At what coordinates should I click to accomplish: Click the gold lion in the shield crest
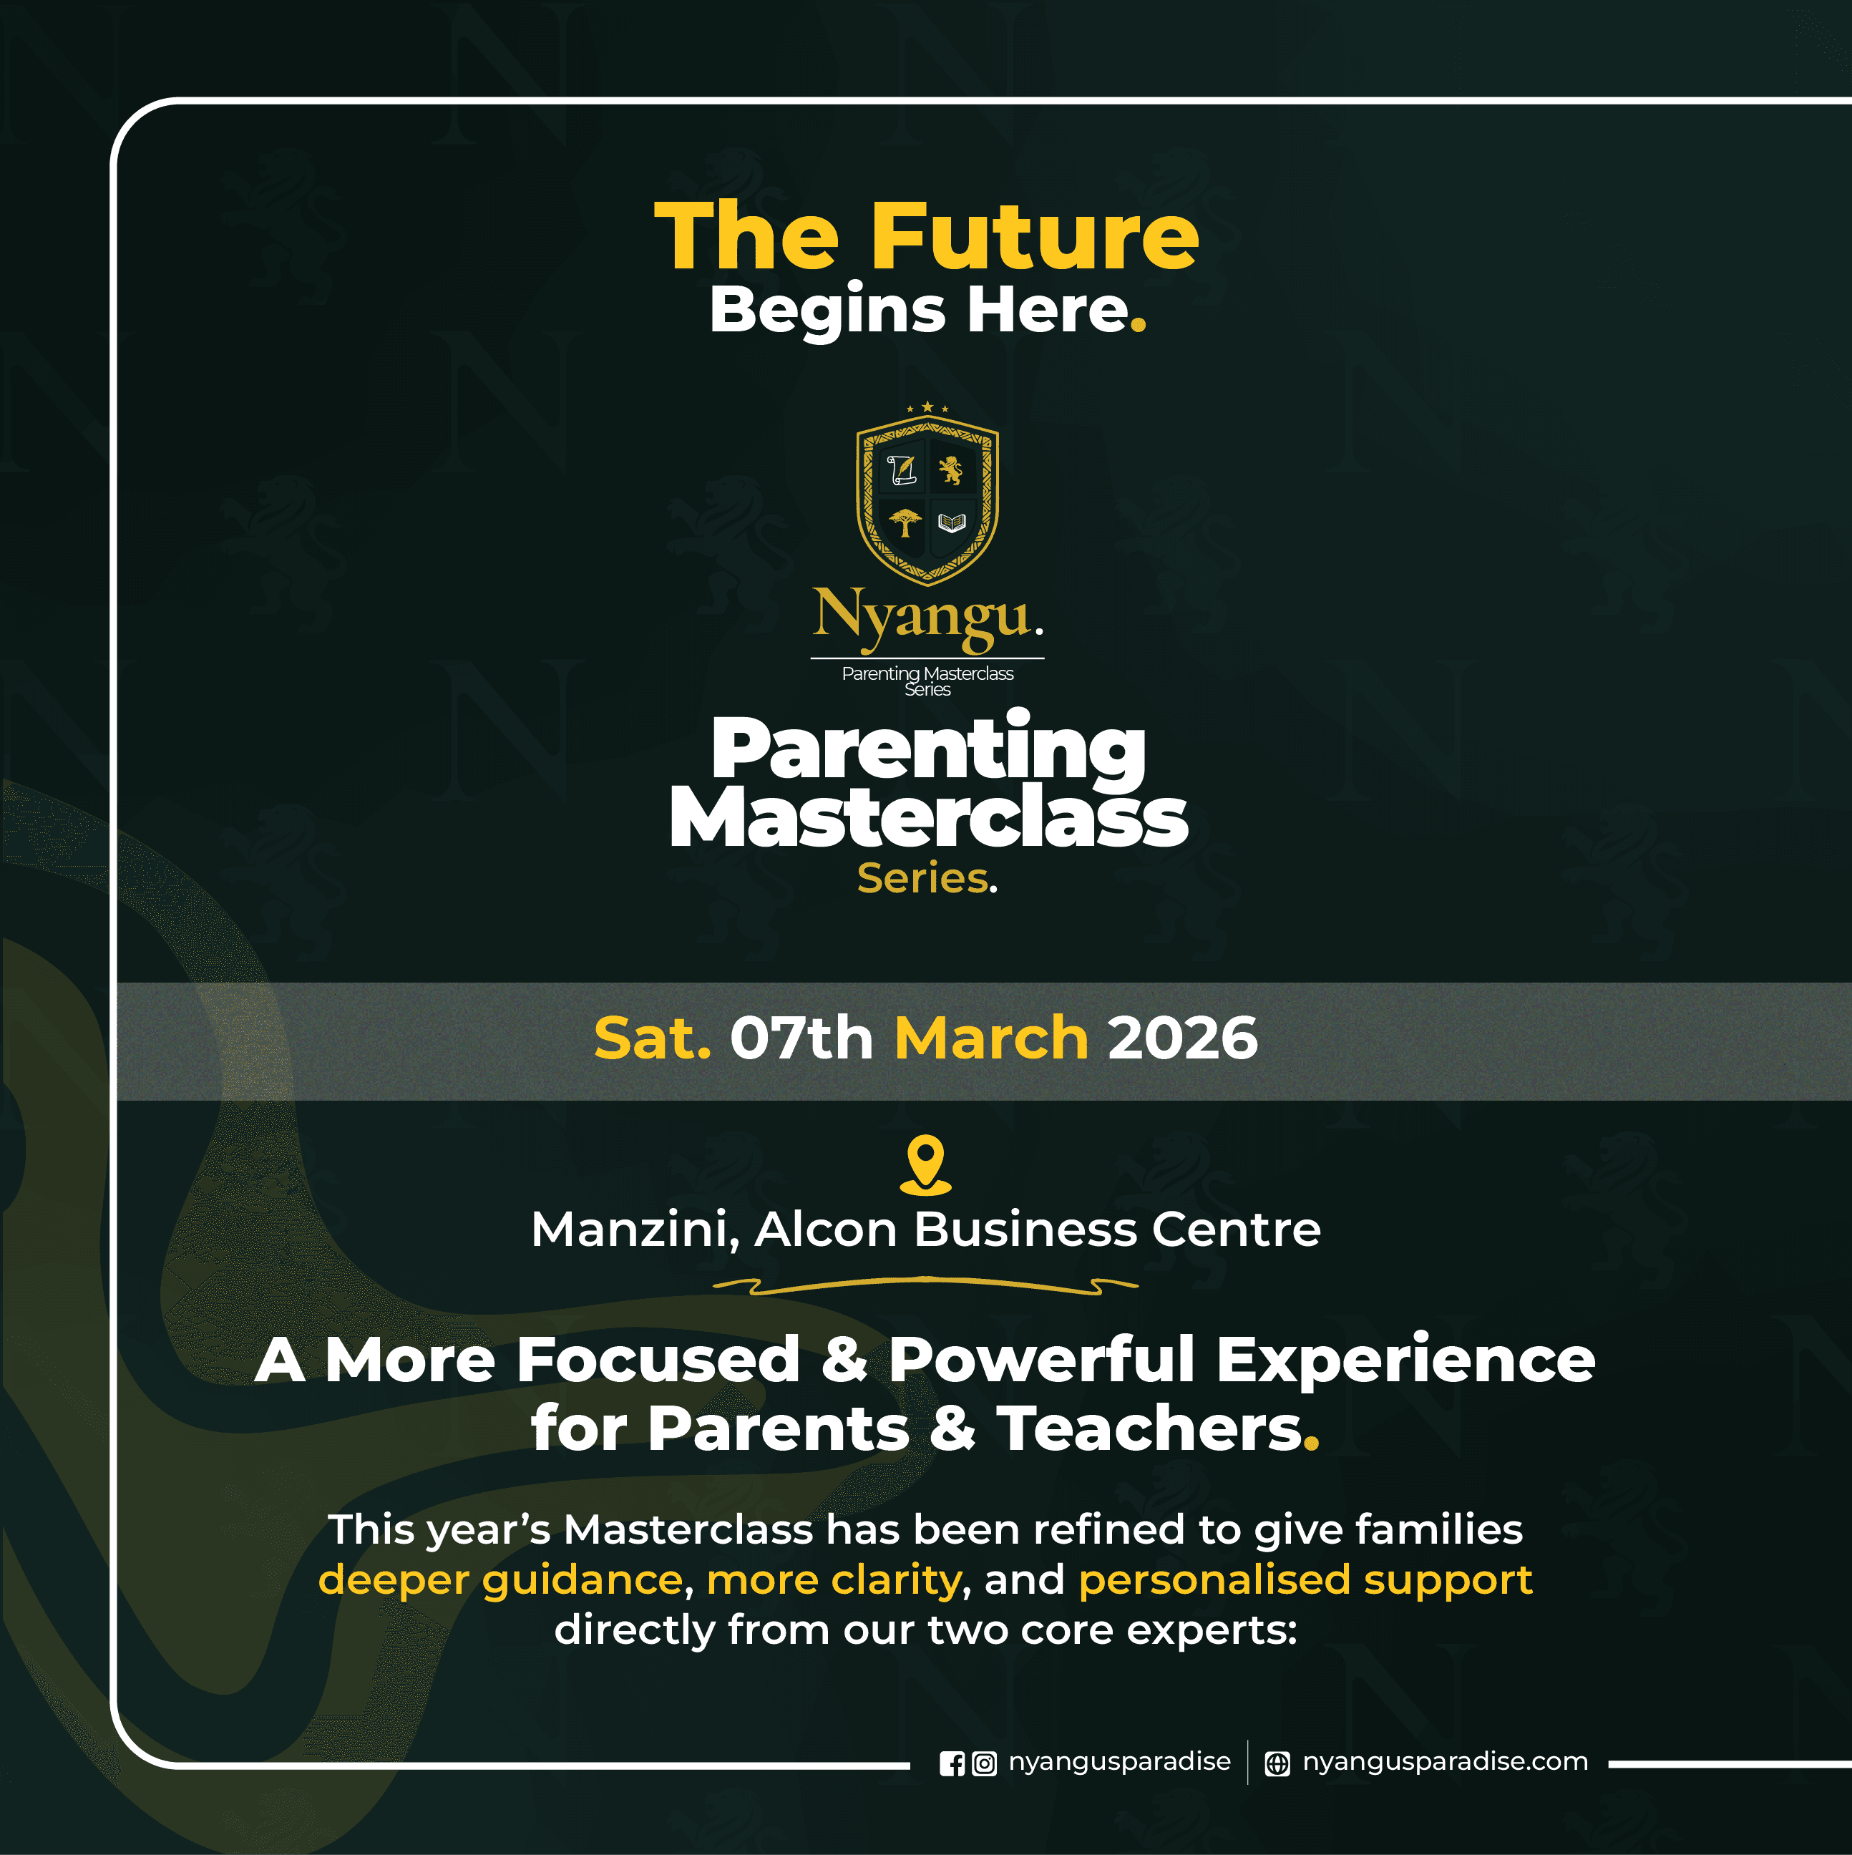[950, 470]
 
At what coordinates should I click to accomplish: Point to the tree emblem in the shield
[905, 523]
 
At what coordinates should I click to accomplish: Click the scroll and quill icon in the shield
[902, 469]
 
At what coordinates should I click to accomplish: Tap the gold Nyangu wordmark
[927, 618]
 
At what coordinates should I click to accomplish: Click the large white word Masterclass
[928, 818]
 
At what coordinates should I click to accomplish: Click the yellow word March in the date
[991, 1039]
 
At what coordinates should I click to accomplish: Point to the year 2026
[1182, 1039]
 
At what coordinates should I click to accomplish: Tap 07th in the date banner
[801, 1039]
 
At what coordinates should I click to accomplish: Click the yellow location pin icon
[925, 1164]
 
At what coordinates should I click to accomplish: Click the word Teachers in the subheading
[1150, 1428]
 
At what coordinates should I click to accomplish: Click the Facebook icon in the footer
[952, 1764]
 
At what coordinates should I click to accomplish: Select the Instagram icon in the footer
[984, 1764]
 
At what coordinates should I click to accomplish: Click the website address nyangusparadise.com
[1445, 1762]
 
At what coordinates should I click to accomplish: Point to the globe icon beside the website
[1277, 1764]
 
